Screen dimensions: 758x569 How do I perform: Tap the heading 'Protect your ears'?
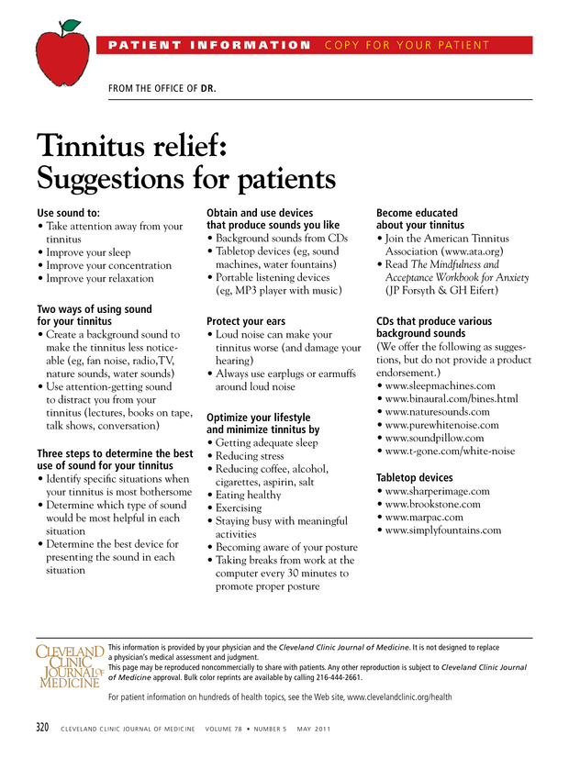pyautogui.click(x=246, y=322)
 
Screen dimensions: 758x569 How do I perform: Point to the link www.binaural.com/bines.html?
pyautogui.click(x=452, y=399)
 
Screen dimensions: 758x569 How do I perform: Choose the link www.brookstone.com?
pyautogui.click(x=432, y=504)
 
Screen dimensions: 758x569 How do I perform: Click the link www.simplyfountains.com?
pyautogui.click(x=443, y=530)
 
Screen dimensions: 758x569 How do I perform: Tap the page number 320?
pyautogui.click(x=42, y=728)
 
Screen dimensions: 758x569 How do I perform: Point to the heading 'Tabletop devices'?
pyautogui.click(x=415, y=478)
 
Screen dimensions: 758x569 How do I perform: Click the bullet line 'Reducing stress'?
pyautogui.click(x=249, y=456)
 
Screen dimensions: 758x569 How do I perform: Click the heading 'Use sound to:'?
pyautogui.click(x=68, y=213)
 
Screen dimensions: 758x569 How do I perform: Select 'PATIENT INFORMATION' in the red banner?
pyautogui.click(x=209, y=45)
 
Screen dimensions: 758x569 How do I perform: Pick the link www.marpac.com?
pyautogui.click(x=424, y=518)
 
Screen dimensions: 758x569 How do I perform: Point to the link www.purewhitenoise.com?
pyautogui.click(x=441, y=426)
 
